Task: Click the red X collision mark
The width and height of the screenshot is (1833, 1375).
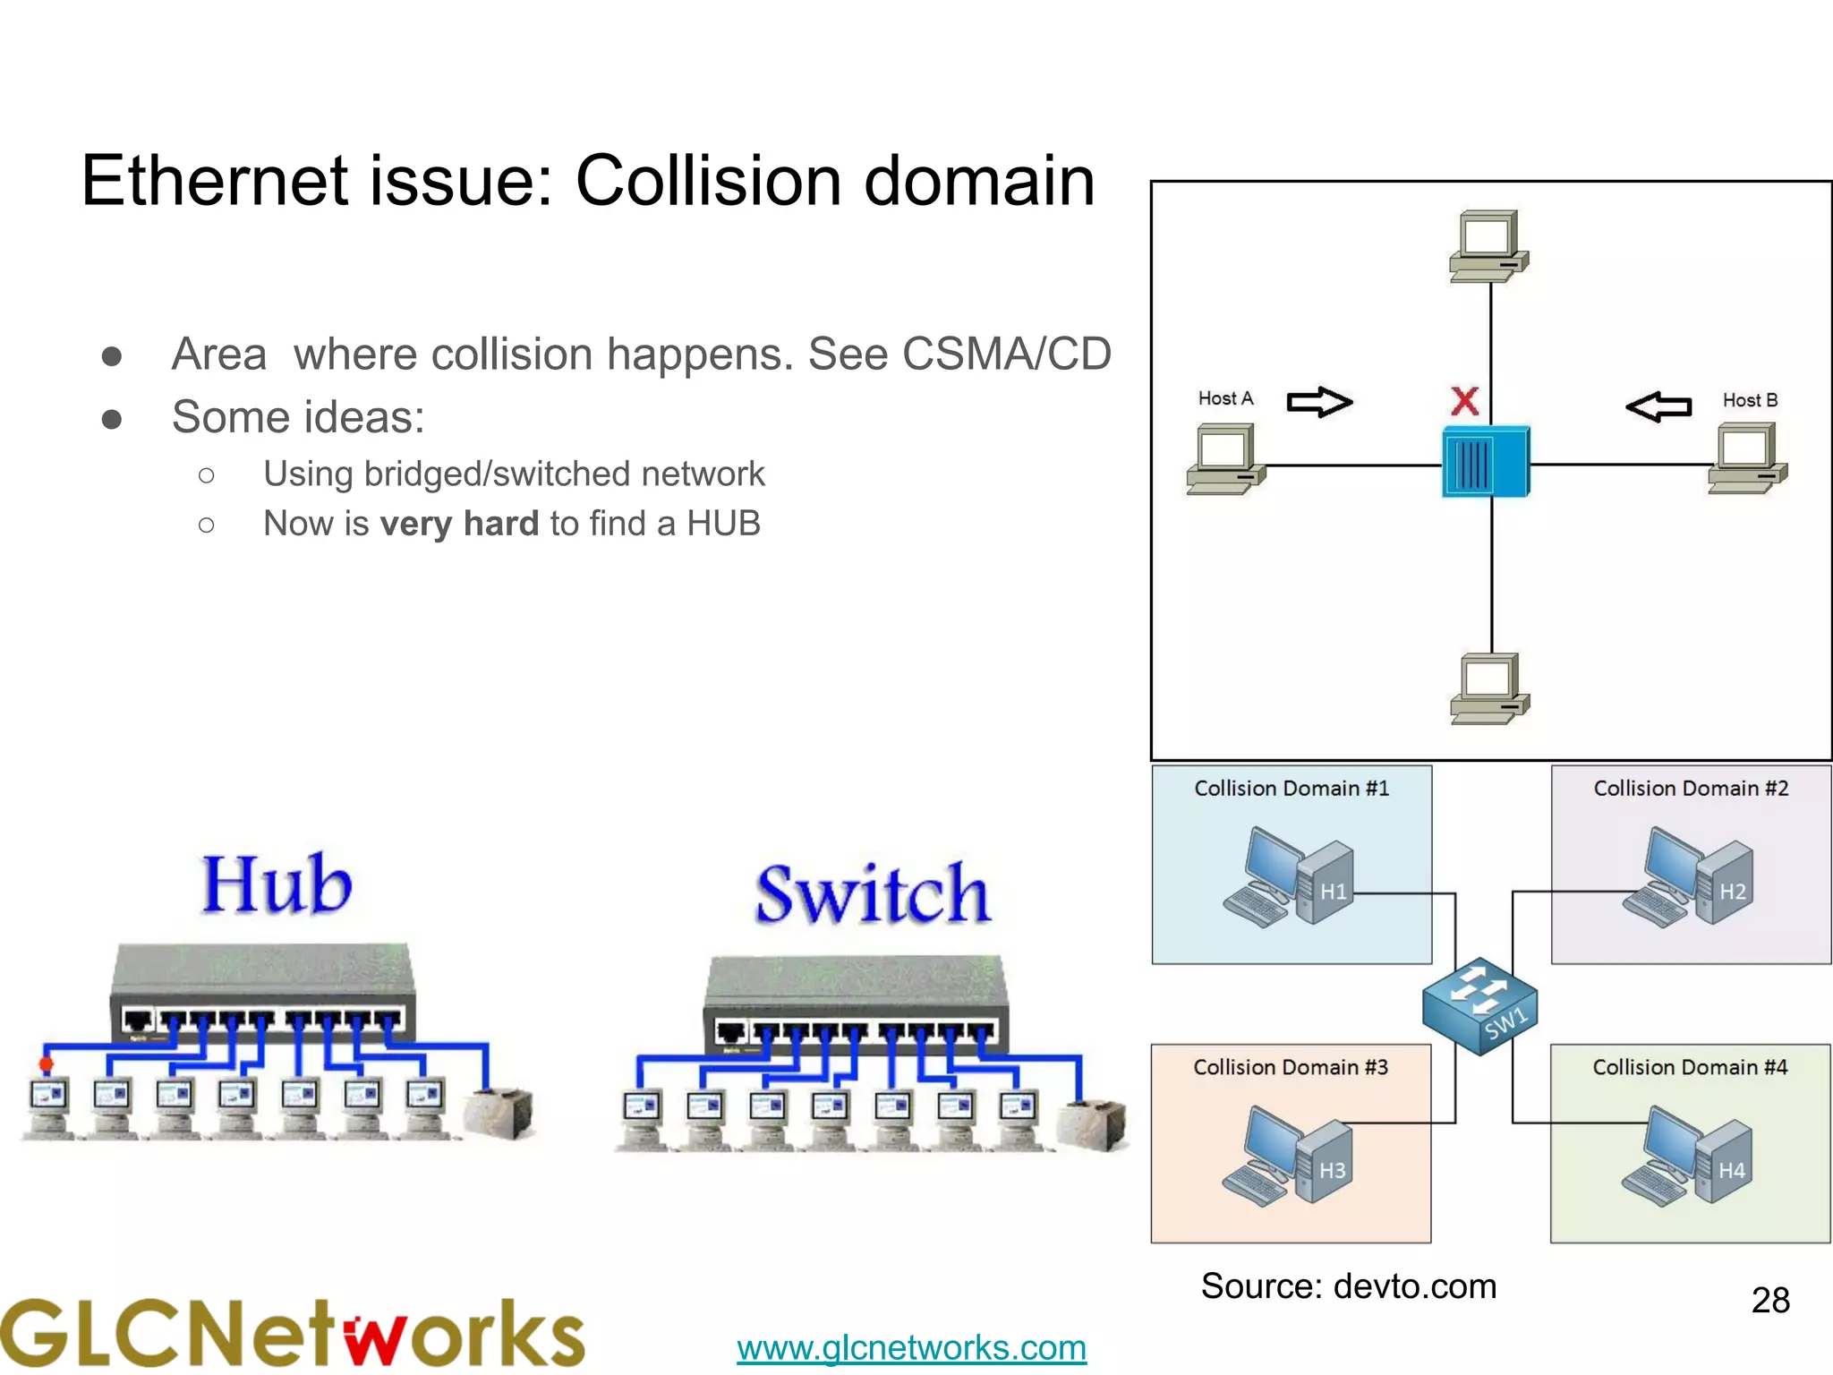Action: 1464,401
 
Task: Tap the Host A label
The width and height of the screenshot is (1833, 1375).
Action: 1225,398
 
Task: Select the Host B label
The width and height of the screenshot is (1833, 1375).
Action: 1750,400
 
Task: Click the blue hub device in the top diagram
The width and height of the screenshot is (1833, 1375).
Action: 1486,462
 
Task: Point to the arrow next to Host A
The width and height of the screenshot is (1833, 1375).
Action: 1319,402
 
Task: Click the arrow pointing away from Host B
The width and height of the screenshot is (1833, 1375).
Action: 1658,406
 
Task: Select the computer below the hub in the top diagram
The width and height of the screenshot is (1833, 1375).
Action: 1489,688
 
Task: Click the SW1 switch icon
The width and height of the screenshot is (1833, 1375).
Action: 1479,1005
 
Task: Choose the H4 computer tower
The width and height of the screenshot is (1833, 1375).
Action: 1725,1161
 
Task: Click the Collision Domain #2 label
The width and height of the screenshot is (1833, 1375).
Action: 1691,789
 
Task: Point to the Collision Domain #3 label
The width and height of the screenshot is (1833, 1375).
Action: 1290,1067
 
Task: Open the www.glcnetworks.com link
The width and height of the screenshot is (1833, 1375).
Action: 911,1347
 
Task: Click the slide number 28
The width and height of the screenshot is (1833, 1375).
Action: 1769,1300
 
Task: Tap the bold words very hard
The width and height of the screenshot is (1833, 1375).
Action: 459,524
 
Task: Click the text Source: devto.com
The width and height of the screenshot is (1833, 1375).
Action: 1348,1286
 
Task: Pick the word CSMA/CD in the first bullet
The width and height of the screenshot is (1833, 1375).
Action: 1006,354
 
